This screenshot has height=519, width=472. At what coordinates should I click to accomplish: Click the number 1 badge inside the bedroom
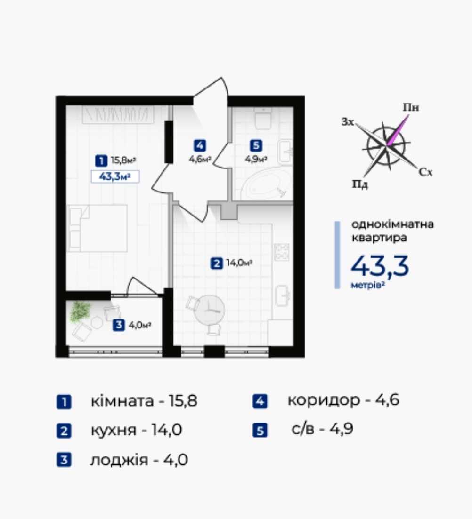tap(101, 160)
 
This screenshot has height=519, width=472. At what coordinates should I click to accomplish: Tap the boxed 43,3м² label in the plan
tap(115, 177)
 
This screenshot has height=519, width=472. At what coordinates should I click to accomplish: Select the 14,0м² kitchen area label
tap(239, 263)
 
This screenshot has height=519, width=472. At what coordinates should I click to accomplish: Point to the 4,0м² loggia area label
tap(140, 325)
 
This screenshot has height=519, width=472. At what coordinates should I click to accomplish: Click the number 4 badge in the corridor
tap(200, 145)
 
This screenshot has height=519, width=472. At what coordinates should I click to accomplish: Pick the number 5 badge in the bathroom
tap(256, 145)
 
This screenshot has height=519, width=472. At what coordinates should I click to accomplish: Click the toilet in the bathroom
tap(264, 119)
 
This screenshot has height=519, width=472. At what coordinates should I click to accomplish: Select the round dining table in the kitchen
tap(210, 310)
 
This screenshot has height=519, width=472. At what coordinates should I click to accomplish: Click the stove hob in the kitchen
tap(281, 252)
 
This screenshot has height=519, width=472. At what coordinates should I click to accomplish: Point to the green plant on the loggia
tap(80, 311)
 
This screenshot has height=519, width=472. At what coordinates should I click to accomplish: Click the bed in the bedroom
tap(98, 228)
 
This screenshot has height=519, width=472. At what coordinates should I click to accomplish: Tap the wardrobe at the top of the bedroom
tap(118, 115)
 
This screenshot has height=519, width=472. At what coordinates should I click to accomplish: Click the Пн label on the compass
tap(411, 107)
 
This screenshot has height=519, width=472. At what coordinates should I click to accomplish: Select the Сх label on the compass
tap(425, 172)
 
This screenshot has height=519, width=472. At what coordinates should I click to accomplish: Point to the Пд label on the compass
tap(360, 184)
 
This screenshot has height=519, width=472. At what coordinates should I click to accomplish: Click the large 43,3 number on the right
tap(380, 266)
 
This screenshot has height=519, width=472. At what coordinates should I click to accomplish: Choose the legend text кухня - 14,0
tap(136, 430)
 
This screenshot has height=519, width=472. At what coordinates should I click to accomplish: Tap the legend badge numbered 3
tap(64, 460)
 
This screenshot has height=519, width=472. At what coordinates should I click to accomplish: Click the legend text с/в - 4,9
tap(322, 429)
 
